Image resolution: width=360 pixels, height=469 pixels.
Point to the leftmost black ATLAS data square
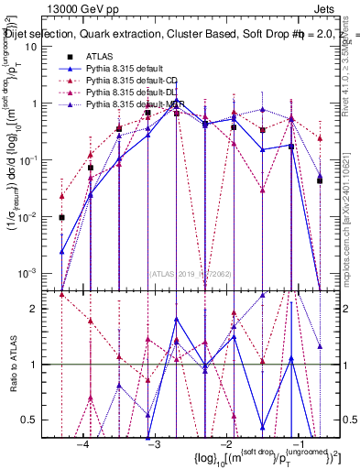coord(61,218)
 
